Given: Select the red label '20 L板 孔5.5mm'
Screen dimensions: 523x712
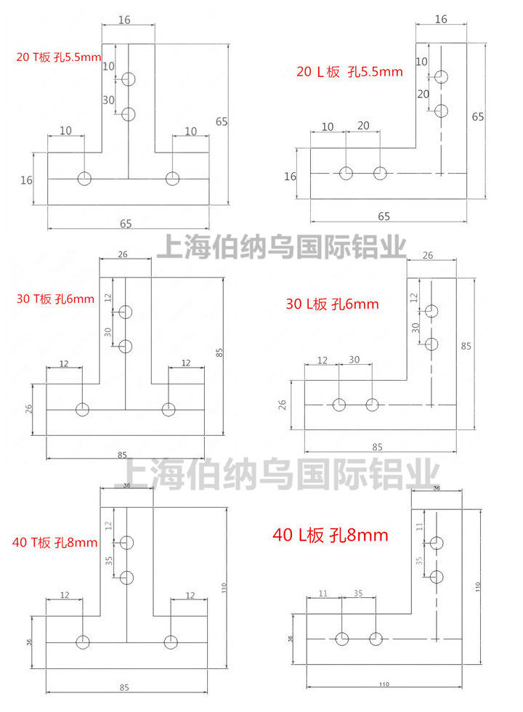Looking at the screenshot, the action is pyautogui.click(x=349, y=71).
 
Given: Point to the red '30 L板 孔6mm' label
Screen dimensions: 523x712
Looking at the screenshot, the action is pyautogui.click(x=333, y=304).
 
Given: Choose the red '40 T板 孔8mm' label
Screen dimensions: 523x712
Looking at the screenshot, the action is pyautogui.click(x=55, y=542).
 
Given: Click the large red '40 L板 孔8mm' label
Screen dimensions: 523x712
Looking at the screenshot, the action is pyautogui.click(x=331, y=536).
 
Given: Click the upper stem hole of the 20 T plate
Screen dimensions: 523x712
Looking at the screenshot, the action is pyautogui.click(x=129, y=78).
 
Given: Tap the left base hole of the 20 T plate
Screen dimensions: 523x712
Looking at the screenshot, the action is pyautogui.click(x=85, y=178).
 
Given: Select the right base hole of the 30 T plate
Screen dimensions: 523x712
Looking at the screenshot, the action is pyautogui.click(x=169, y=410).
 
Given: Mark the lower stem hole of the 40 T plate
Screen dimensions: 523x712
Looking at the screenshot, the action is pyautogui.click(x=128, y=578).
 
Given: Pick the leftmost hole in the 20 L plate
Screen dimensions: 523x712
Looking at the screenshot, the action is pyautogui.click(x=346, y=173).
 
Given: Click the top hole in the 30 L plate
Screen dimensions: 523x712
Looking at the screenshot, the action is pyautogui.click(x=432, y=311).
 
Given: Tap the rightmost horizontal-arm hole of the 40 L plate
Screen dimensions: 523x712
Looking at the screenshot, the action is pyautogui.click(x=376, y=639).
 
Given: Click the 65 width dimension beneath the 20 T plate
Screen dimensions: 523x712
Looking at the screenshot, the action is pyautogui.click(x=126, y=224).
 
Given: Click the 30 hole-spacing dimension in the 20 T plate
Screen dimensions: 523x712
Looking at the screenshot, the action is pyautogui.click(x=109, y=100).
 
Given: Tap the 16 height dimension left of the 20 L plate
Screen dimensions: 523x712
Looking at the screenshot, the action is pyautogui.click(x=290, y=176).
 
